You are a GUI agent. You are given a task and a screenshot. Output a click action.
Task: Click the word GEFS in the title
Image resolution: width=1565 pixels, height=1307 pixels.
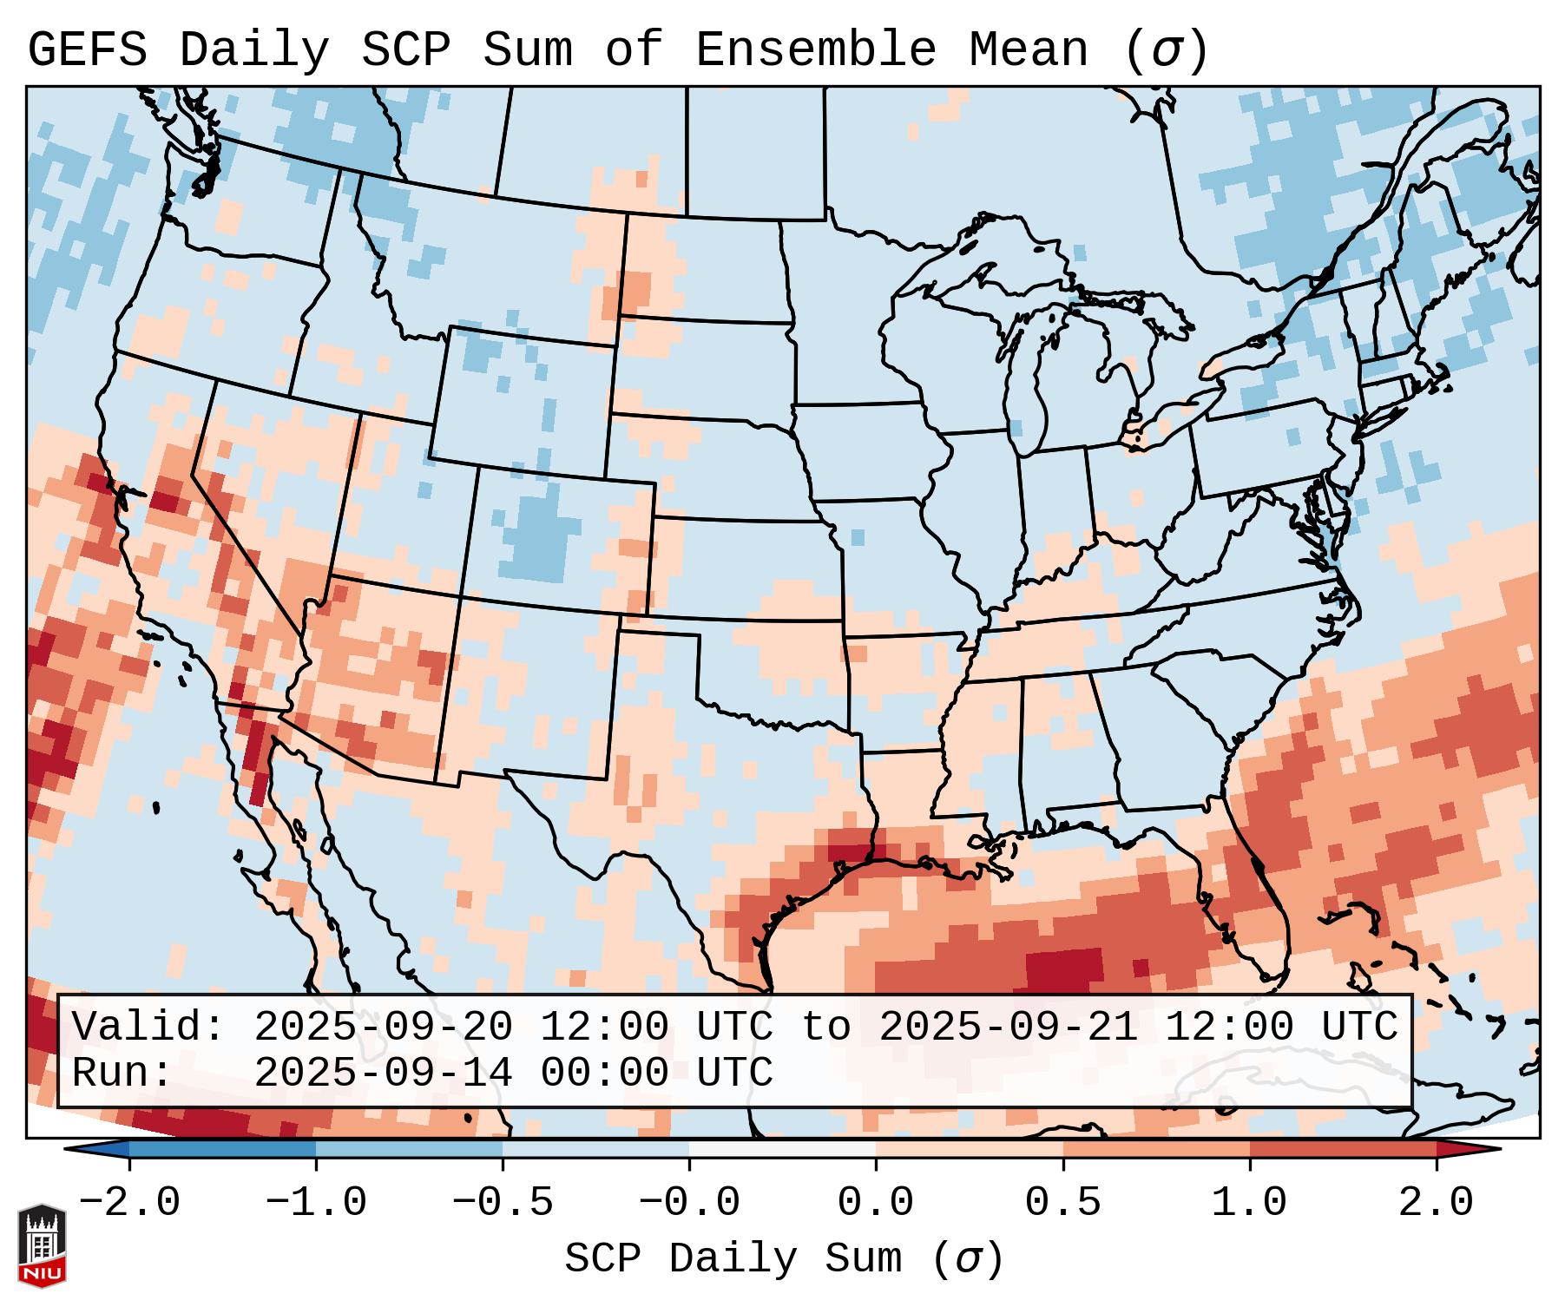[87, 50]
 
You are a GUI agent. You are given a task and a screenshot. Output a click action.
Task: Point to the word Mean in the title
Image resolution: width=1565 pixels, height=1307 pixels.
[1028, 50]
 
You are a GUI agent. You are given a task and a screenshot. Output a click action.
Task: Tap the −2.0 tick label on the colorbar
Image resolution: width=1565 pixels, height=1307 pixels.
[129, 1203]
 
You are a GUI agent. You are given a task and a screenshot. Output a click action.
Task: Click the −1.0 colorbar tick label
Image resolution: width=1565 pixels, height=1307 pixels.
[316, 1203]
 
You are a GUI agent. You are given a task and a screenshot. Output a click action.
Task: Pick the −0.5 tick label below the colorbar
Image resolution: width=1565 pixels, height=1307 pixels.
[503, 1203]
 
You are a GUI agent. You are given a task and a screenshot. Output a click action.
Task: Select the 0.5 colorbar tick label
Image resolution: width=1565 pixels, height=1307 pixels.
[1062, 1203]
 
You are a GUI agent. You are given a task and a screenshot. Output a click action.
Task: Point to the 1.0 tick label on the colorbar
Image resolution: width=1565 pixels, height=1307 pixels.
[1249, 1203]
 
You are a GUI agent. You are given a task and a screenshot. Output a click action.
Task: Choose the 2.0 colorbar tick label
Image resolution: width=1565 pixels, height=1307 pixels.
[1436, 1203]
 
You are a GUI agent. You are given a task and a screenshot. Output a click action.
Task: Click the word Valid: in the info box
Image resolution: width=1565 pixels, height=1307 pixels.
[148, 1028]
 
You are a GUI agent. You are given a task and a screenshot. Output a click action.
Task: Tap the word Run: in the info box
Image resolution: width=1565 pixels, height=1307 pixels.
[122, 1074]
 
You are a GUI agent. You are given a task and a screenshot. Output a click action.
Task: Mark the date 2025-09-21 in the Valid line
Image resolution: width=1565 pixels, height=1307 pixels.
[1008, 1028]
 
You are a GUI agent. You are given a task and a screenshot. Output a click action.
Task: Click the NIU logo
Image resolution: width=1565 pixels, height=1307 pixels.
[42, 1245]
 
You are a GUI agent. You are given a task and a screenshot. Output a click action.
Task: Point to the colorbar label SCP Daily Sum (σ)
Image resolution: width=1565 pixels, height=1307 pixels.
[784, 1259]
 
